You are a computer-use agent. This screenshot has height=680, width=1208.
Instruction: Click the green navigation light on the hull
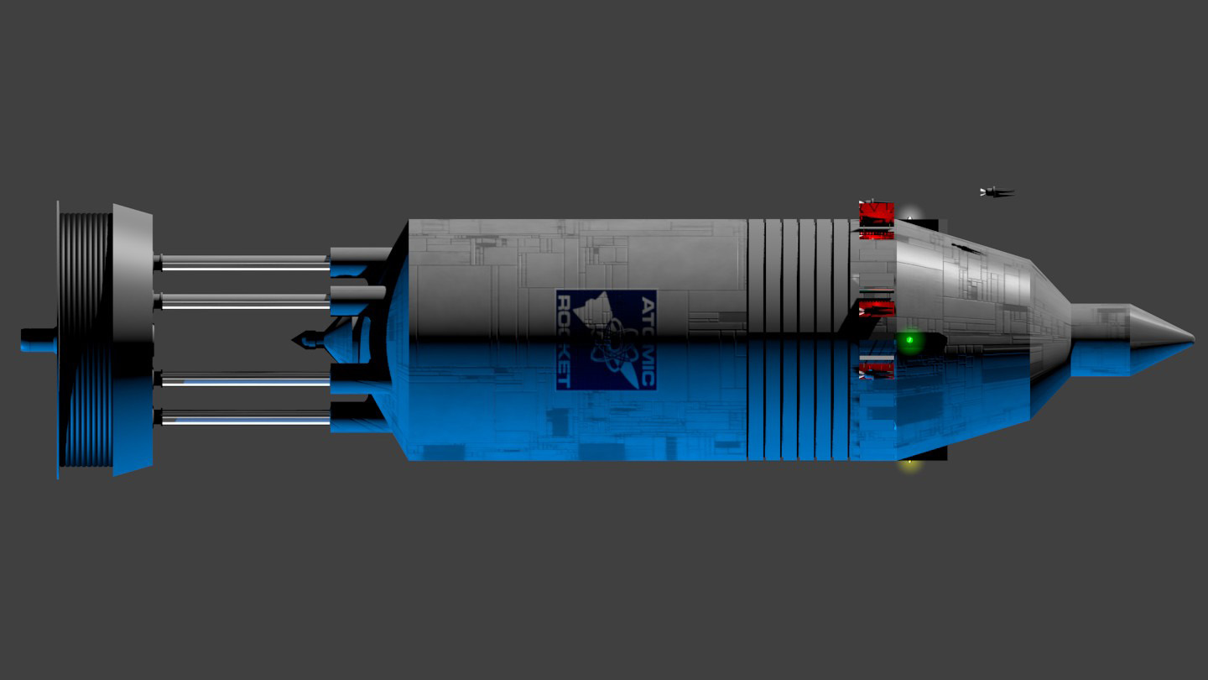point(909,340)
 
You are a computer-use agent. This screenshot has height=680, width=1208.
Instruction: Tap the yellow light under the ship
point(910,463)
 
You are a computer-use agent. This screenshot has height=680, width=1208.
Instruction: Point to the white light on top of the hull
point(910,214)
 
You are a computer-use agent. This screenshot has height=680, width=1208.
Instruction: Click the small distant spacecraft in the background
point(997,191)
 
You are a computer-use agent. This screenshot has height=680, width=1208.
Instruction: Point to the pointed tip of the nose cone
point(1194,339)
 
